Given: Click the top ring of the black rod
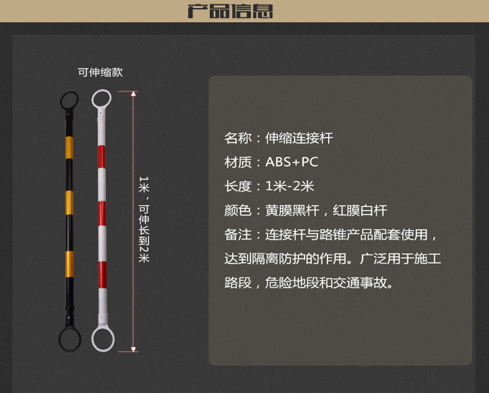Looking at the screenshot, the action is (68, 100).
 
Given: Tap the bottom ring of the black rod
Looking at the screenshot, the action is (70, 339).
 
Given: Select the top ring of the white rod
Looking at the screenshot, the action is (102, 99).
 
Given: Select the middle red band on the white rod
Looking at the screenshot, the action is (101, 213).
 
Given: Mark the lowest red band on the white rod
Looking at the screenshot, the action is (101, 271).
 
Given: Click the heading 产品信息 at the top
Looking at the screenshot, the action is (230, 11).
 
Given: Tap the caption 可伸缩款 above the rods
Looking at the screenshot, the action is (100, 72).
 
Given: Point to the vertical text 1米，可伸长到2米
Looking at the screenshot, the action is (144, 219).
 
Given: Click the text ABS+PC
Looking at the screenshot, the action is (291, 162).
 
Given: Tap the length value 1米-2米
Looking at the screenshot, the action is (289, 186).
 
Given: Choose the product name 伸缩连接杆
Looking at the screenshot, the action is (299, 138).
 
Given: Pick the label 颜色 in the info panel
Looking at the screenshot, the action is (238, 210).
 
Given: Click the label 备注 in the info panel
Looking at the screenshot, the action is (238, 234).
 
